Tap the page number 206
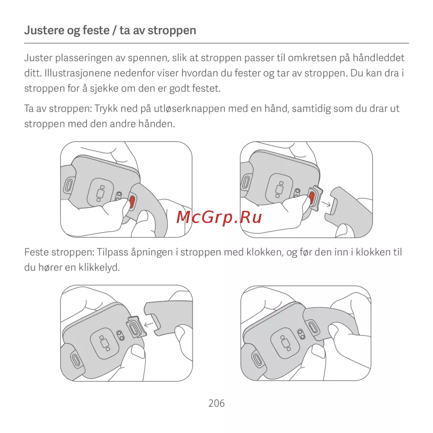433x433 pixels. coord(216,404)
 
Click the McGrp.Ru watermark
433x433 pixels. coord(219,217)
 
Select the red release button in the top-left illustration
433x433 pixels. coord(132,201)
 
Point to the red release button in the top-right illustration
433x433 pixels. coord(312,197)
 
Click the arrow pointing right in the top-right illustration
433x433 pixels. coord(326,204)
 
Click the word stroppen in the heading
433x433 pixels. coord(172,31)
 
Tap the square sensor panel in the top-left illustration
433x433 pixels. coord(100,191)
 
